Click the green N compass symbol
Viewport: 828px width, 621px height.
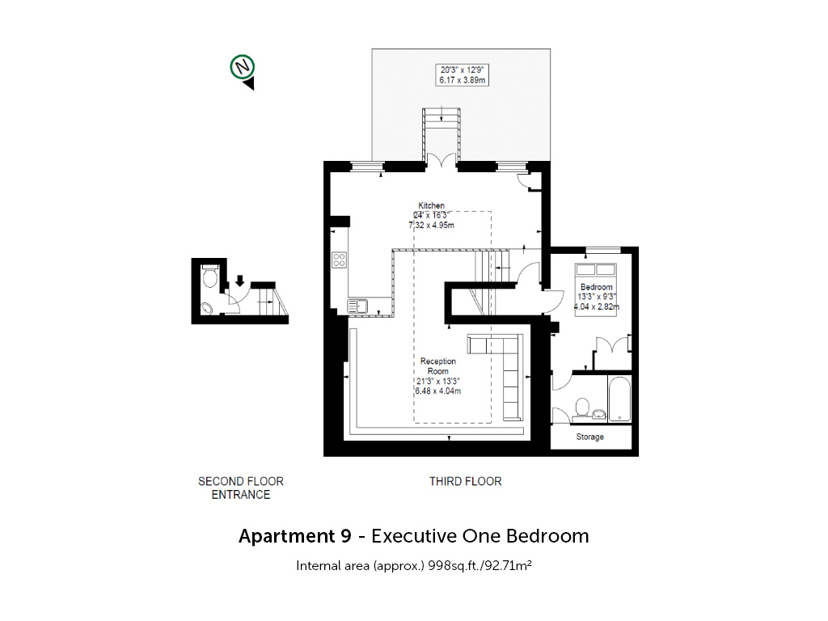[243, 67]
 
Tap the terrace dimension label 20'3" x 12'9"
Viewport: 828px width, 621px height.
[462, 70]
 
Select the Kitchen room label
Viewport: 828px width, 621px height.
[432, 205]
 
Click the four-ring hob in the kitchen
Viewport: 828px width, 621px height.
[339, 260]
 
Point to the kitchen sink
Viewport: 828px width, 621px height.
[357, 306]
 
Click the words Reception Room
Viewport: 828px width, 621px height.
[438, 366]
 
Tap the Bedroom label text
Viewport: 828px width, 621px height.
[597, 287]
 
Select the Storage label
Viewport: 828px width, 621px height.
[589, 437]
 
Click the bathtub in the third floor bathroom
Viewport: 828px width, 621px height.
[619, 399]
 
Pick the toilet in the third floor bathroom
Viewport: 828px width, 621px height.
[581, 408]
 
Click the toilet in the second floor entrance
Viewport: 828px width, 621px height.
[210, 276]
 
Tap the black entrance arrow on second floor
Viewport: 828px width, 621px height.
[239, 281]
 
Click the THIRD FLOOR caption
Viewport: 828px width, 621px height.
[465, 481]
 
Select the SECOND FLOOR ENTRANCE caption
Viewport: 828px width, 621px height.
[241, 488]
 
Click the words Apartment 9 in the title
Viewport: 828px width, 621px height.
[294, 536]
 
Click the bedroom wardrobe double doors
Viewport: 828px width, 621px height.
[613, 345]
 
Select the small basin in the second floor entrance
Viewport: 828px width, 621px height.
[207, 307]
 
